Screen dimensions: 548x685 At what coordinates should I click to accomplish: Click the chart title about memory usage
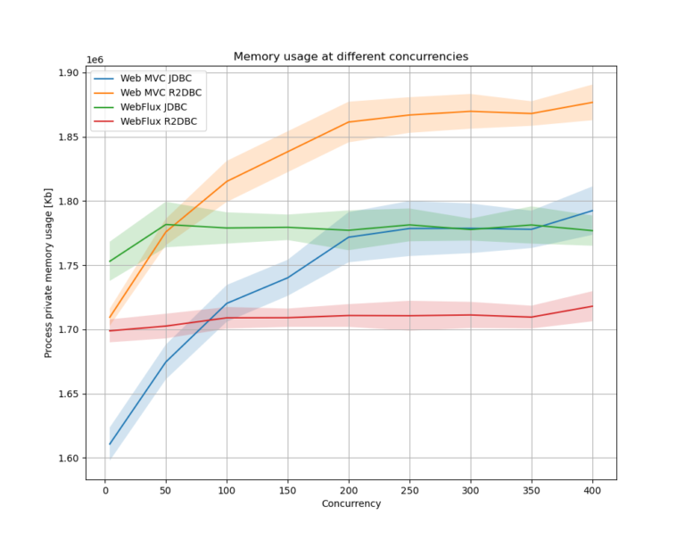(x=351, y=56)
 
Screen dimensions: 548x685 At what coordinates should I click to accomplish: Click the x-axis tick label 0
(x=104, y=489)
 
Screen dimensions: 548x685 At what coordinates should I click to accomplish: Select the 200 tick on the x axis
(x=348, y=489)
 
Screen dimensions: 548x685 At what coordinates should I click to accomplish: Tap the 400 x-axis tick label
(x=591, y=489)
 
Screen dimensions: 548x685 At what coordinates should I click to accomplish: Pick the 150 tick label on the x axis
(x=287, y=489)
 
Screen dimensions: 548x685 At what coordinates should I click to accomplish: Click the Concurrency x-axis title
(x=351, y=503)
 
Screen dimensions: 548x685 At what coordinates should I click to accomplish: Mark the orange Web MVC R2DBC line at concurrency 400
(x=591, y=103)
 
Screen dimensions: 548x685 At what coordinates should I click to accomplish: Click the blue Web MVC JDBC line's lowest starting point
(x=110, y=444)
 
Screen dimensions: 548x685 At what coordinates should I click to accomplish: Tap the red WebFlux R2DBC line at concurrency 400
(x=591, y=306)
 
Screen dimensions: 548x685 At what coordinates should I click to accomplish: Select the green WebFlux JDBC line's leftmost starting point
(x=110, y=262)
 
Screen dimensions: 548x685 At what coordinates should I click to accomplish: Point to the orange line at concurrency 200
(x=348, y=122)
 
